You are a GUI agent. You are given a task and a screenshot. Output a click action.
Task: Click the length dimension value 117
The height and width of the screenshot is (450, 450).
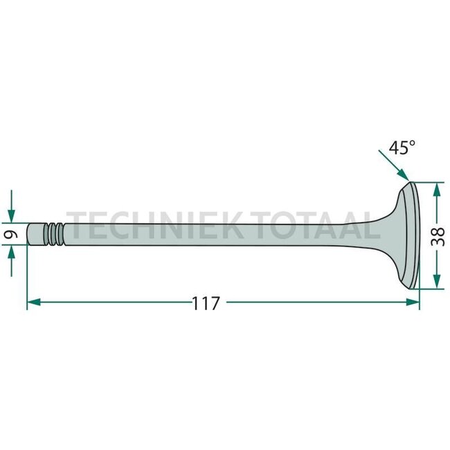pos(206,303)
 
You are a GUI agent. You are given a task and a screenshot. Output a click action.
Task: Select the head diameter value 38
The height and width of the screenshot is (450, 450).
pos(436,235)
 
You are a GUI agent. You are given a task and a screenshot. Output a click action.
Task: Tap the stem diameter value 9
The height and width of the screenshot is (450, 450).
pos(10,235)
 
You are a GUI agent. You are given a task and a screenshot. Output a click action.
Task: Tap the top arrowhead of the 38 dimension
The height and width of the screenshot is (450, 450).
pos(436,189)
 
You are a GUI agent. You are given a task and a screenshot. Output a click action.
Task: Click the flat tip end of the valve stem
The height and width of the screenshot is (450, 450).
pos(30,234)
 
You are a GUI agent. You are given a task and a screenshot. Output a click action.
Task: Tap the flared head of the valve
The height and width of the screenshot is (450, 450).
pos(398,235)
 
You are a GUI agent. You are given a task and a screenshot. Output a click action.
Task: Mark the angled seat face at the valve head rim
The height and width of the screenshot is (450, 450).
pos(415,235)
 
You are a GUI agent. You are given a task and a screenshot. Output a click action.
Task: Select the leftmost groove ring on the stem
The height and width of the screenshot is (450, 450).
pos(48,234)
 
